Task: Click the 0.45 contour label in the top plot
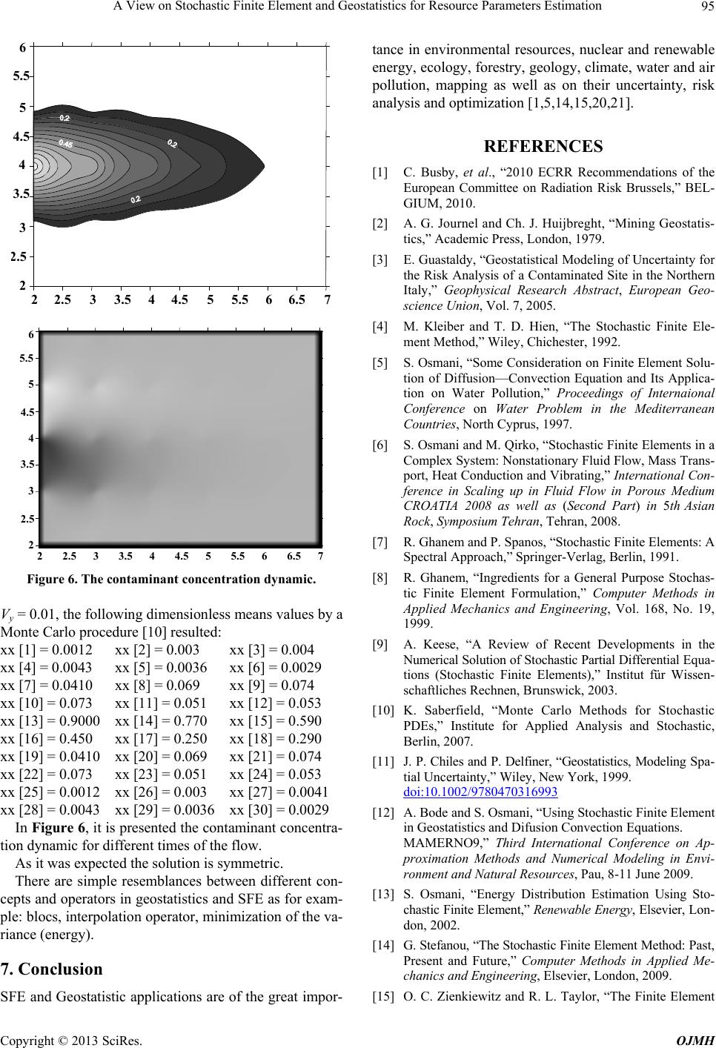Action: [65, 143]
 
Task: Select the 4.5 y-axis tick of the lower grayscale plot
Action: [27, 411]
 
